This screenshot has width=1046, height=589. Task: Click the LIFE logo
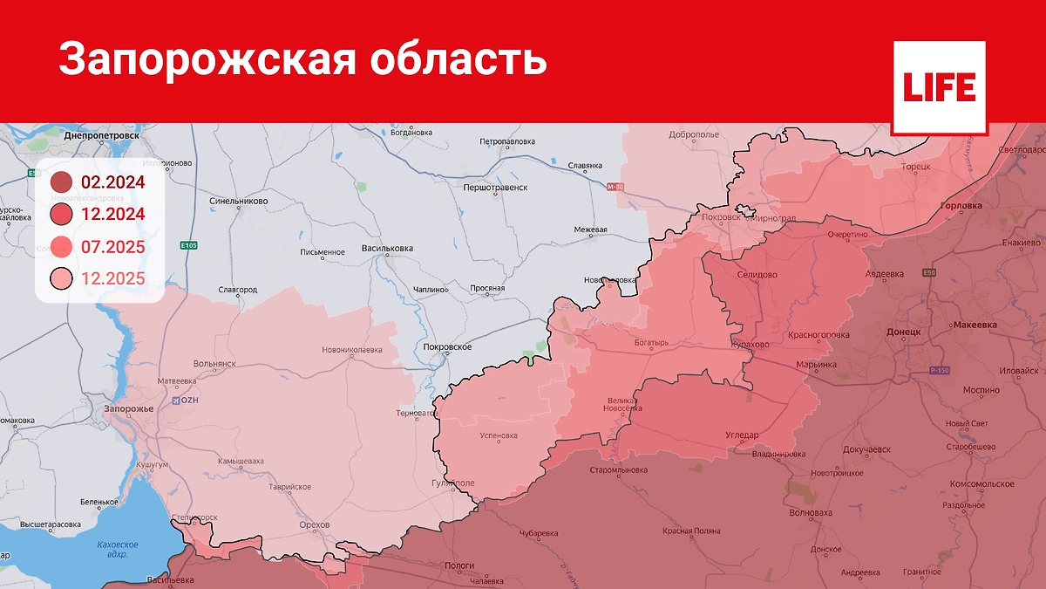tap(939, 87)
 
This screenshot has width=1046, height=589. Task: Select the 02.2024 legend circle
tap(61, 182)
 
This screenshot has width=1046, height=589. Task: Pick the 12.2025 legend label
tap(112, 279)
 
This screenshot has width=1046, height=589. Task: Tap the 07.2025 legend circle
tap(61, 247)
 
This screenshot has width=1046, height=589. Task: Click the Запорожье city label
tap(128, 409)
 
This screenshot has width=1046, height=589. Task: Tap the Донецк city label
tap(903, 332)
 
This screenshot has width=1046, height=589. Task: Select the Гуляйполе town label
tap(452, 483)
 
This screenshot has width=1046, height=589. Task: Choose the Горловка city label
tap(962, 206)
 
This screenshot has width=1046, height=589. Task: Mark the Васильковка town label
tap(387, 249)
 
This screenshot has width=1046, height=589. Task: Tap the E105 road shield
tap(188, 245)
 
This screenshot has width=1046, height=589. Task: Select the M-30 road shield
tap(615, 187)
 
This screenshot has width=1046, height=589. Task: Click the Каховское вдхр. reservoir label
tap(112, 549)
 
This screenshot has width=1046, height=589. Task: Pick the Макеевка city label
tap(976, 325)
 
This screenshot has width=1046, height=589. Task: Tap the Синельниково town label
tap(239, 201)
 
